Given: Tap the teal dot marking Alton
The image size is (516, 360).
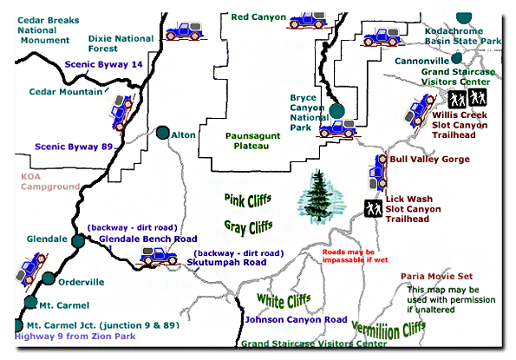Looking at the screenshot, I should pos(162,133).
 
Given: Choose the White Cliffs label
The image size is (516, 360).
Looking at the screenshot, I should pos(283,300).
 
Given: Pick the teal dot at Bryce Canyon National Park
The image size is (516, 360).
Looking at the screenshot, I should pos(336,110).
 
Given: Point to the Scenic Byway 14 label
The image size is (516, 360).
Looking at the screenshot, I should pos(103,63).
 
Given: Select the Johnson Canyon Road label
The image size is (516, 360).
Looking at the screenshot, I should pos(296,319).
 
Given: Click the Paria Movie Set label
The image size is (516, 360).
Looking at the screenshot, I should pos(437,276).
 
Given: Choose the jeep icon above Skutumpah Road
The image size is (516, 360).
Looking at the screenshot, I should pos(157,255).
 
